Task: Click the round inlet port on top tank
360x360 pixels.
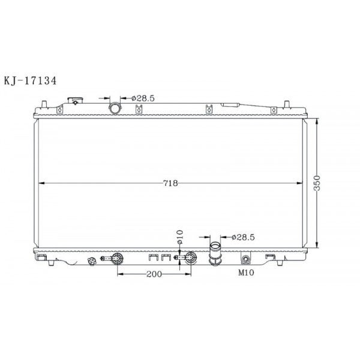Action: click(115, 108)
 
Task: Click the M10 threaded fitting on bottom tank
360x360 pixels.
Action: click(245, 259)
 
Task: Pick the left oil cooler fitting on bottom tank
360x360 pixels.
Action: click(115, 259)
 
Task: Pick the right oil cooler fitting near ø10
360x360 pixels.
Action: click(188, 259)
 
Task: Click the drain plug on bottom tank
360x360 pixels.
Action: click(92, 262)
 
